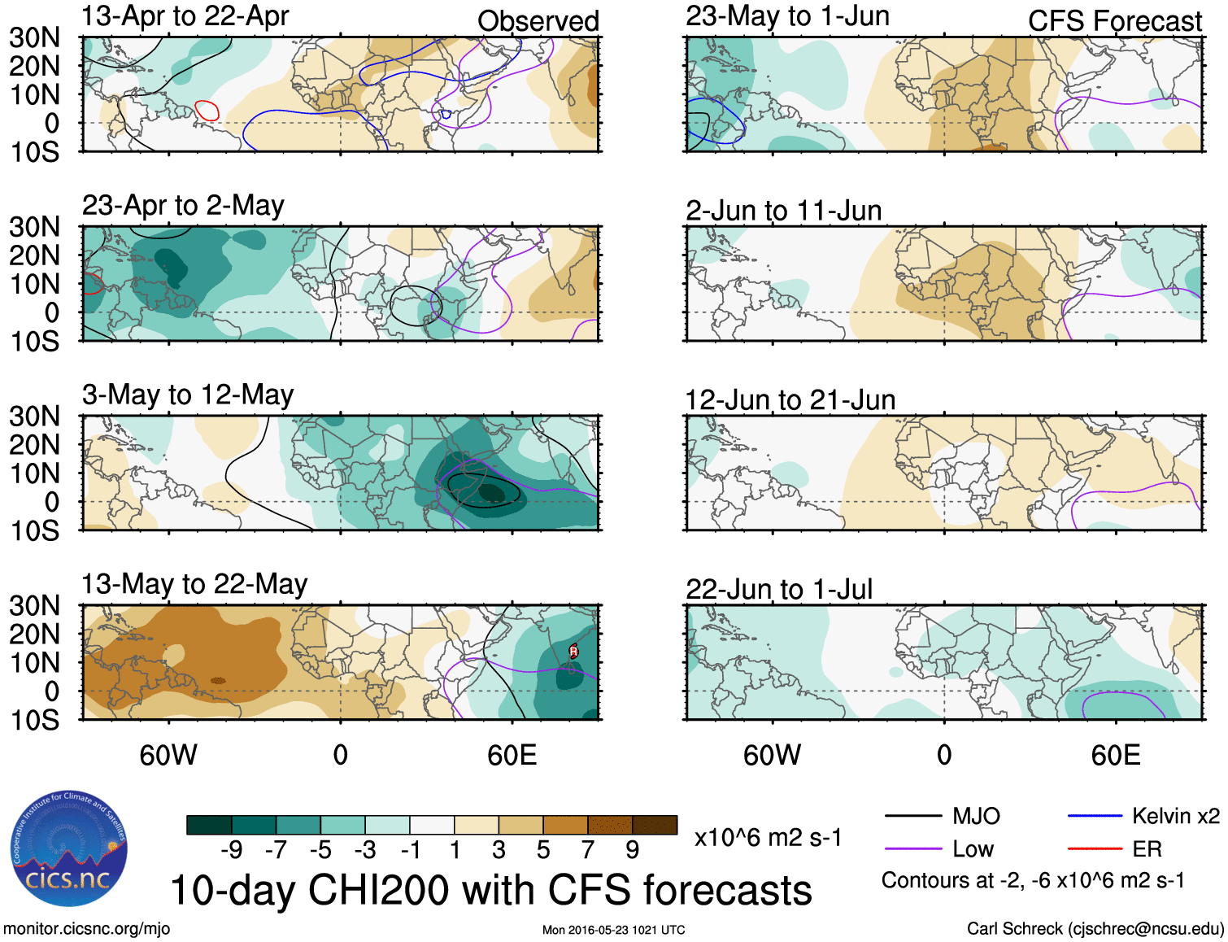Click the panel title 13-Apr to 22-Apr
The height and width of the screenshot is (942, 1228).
pos(185,16)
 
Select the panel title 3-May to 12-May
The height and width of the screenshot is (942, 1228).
pos(188,395)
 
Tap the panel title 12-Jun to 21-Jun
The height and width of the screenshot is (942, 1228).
pos(790,400)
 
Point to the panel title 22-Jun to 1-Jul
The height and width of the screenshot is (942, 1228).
pos(779,590)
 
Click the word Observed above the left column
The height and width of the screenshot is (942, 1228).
pos(538,21)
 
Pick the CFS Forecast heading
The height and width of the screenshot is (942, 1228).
pos(1114,21)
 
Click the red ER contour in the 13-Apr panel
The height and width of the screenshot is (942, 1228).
pos(207,111)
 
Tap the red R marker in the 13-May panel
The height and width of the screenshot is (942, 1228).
pos(573,651)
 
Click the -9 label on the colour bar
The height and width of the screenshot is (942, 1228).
pos(231,850)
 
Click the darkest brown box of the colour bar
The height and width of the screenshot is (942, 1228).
pos(655,825)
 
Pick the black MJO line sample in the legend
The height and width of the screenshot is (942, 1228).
pos(912,816)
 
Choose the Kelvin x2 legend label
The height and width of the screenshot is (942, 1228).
pos(1175,816)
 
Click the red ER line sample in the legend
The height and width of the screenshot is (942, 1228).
pos(1095,849)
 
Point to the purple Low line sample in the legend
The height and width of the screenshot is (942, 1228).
pos(912,849)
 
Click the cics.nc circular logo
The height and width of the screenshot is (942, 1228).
pos(69,849)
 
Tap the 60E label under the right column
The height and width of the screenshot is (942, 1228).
pos(1115,756)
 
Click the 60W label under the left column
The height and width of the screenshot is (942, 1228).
pos(168,756)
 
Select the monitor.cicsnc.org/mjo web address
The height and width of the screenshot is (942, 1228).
pos(87,929)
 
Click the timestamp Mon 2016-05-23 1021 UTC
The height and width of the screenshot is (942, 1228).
pos(613,930)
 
